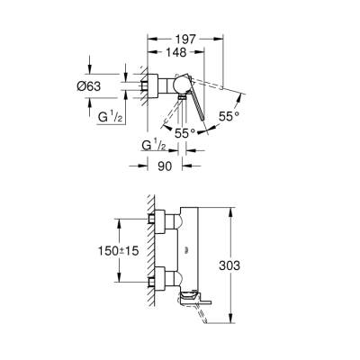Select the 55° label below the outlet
186,131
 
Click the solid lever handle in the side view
192,103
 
